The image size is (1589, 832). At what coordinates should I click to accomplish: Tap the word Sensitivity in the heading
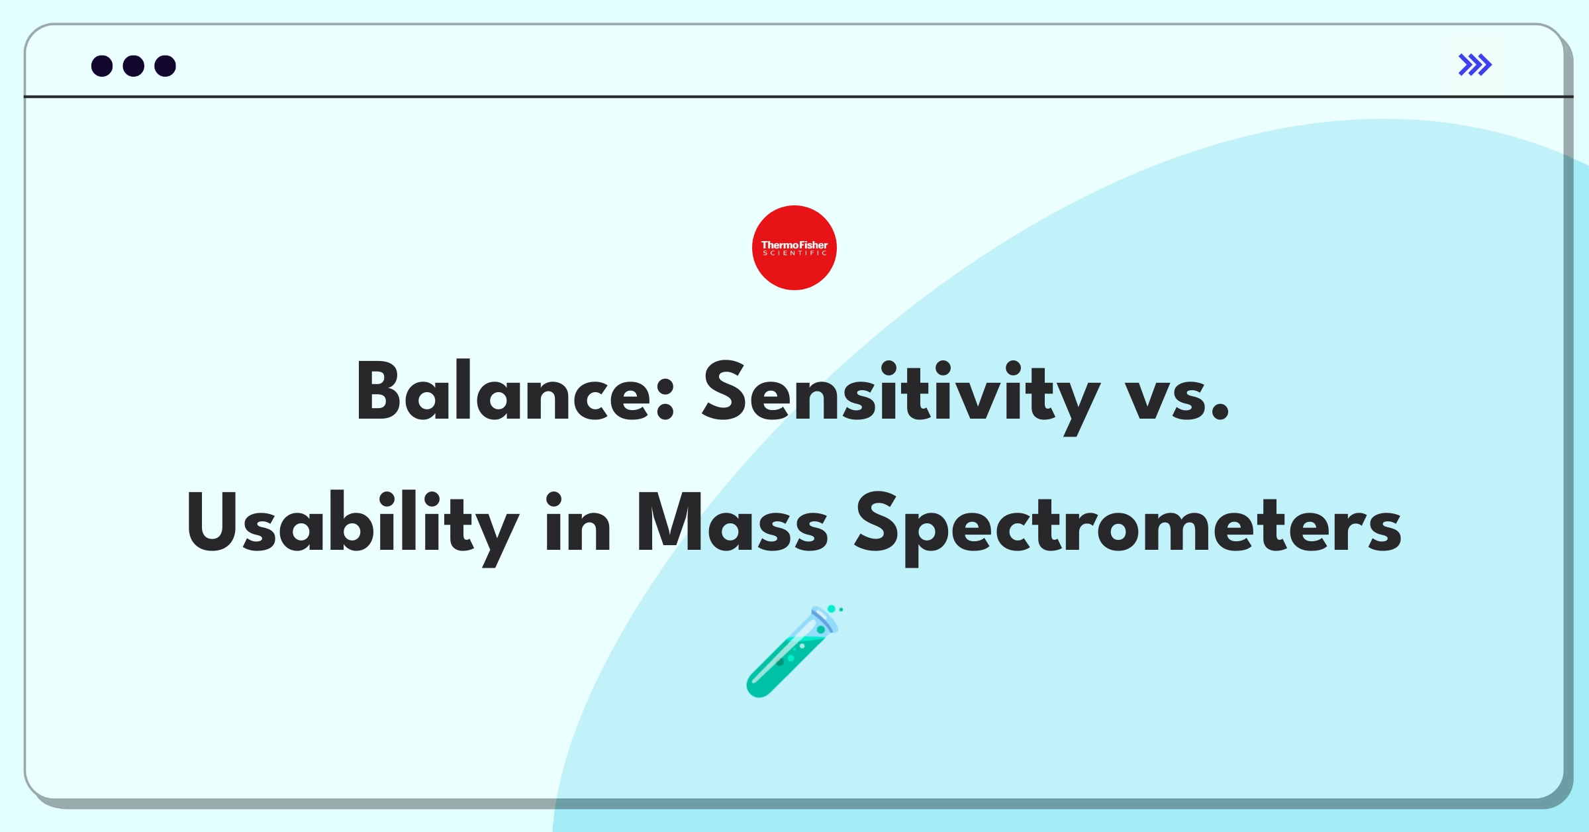coord(900,392)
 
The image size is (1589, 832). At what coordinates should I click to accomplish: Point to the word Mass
coord(732,523)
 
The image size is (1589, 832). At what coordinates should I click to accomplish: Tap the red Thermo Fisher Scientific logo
coord(794,248)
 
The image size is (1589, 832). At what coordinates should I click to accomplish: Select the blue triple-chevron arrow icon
coord(1475,65)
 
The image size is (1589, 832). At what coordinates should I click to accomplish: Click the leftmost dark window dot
coord(102,66)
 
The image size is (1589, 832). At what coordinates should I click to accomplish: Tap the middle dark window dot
coord(134,66)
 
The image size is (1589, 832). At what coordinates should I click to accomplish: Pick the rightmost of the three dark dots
coord(165,66)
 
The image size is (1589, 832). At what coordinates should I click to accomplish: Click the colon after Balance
coord(666,401)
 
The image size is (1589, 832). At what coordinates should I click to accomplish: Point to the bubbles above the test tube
coord(834,609)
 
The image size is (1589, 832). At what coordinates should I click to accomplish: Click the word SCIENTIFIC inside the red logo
coord(794,253)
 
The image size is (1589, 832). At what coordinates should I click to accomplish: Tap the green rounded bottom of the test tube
coord(759,685)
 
